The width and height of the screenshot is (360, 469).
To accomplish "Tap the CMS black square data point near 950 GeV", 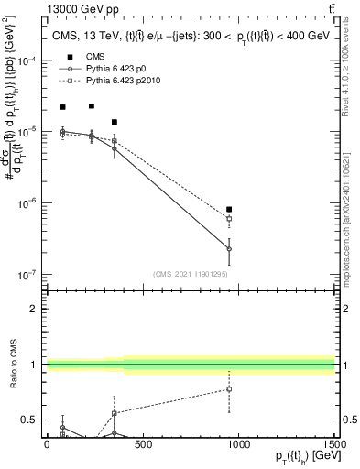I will (229, 209).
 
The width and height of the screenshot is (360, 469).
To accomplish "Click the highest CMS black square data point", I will (92, 105).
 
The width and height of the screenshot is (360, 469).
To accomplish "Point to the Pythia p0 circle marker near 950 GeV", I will (229, 249).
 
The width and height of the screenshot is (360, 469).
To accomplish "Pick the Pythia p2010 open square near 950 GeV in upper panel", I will (229, 219).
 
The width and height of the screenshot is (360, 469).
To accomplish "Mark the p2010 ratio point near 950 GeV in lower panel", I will (229, 388).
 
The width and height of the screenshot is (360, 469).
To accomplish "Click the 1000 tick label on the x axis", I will (238, 445).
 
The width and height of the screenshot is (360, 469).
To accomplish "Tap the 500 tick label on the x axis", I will (143, 445).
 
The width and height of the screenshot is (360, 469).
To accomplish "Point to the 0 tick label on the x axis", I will (47, 445).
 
